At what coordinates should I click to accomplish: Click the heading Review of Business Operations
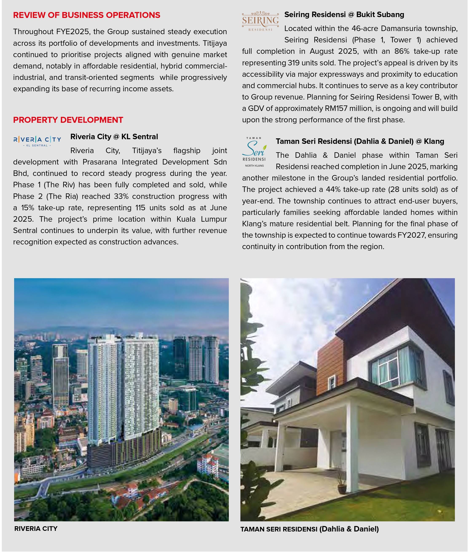[87, 15]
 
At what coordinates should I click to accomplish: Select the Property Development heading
[68, 120]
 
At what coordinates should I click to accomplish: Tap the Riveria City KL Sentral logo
[37, 140]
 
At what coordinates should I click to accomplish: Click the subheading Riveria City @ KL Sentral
[114, 137]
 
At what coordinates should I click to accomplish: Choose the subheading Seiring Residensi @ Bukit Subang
[344, 15]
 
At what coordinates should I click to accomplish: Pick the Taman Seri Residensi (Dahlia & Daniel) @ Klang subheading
[360, 141]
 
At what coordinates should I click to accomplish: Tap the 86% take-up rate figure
[402, 51]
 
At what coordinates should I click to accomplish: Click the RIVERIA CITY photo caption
[36, 529]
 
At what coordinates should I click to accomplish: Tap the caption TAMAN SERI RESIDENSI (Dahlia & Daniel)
[310, 529]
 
